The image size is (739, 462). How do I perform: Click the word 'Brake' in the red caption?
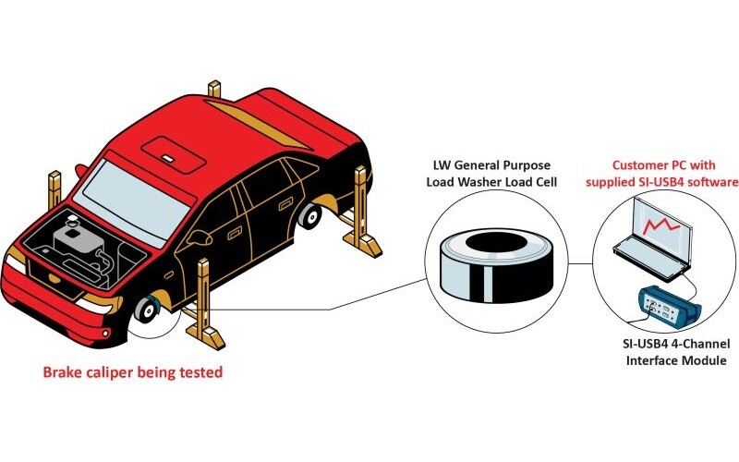[x=64, y=374]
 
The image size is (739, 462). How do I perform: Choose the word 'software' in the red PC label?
[x=710, y=183]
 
